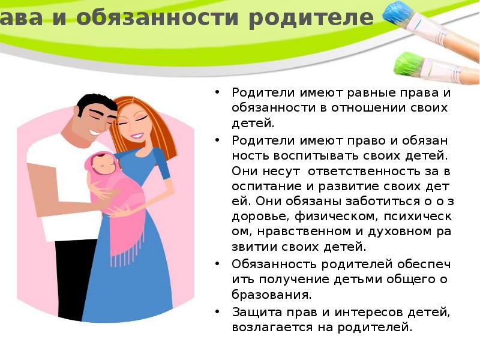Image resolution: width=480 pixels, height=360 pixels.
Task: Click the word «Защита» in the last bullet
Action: (x=251, y=312)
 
